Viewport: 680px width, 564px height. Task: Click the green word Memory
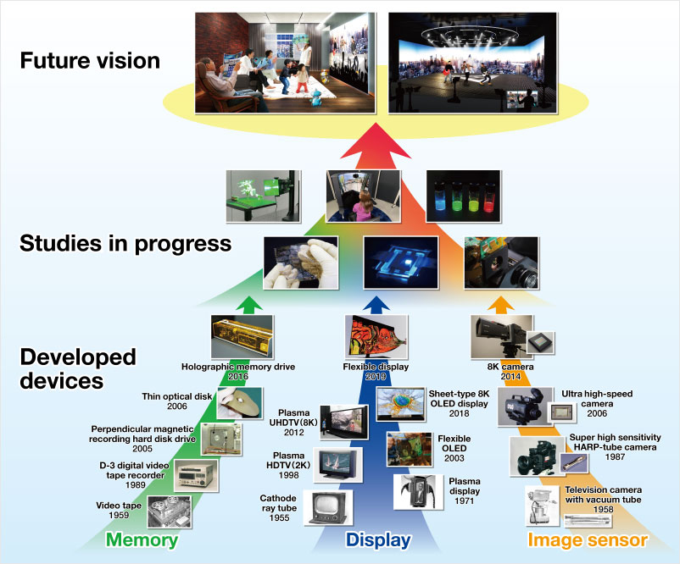142,540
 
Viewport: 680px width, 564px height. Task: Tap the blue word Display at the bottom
378,540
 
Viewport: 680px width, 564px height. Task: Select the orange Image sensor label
588,540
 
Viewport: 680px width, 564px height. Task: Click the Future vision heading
90,60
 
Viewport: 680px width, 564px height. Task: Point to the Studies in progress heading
125,243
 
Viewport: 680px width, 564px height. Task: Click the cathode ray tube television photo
328,508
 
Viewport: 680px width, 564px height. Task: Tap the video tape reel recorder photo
169,512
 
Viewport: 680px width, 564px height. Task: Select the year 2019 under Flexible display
376,377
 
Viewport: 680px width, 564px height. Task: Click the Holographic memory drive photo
242,336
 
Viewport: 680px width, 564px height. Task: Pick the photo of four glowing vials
464,196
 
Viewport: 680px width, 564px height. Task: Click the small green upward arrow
249,305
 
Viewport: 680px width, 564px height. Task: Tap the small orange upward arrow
501,305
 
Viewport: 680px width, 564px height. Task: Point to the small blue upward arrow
376,305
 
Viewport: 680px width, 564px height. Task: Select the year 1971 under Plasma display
464,500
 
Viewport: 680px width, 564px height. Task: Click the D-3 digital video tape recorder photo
196,476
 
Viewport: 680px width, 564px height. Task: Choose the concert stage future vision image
472,63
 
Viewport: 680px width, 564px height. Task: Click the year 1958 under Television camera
603,510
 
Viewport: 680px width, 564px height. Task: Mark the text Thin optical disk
177,396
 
